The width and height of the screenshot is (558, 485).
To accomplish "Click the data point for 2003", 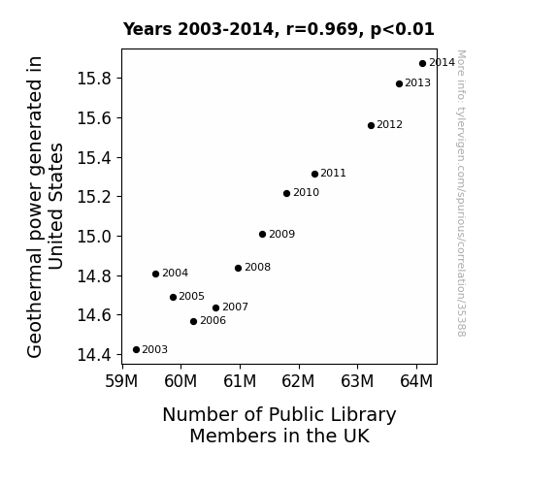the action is tap(136, 350).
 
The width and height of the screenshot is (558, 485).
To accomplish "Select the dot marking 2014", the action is tap(422, 64).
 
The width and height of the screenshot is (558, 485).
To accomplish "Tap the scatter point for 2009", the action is tap(263, 234).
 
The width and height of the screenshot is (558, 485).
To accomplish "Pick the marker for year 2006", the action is tap(193, 322).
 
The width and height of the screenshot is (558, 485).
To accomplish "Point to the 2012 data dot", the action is tap(371, 125).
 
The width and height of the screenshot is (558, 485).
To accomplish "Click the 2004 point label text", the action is tap(175, 273).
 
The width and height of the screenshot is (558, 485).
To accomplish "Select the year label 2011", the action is tap(333, 173).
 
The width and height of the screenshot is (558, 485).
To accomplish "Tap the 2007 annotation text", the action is tap(235, 307).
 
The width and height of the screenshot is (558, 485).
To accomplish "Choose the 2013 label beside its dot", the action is tap(418, 82).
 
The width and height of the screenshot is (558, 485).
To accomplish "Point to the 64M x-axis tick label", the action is tap(416, 381).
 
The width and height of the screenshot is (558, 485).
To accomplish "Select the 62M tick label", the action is tap(298, 381).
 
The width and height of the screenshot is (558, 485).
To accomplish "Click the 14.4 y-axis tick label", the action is tap(94, 355).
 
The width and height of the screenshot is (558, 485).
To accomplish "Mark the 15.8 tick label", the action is tap(94, 79).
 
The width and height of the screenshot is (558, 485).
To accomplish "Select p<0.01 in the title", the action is tap(403, 30).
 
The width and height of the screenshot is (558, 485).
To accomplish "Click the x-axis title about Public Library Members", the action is tap(279, 425).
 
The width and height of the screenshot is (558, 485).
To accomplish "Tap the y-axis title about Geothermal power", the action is tap(45, 207).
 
